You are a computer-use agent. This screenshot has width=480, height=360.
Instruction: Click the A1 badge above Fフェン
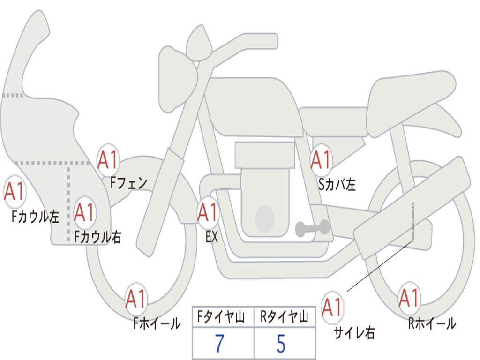coord(108,160)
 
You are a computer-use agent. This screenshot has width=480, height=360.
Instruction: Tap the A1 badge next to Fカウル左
coord(15,192)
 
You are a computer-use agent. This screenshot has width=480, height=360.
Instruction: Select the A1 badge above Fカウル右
coord(84,212)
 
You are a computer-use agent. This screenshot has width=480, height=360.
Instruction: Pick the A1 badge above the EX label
coord(208,213)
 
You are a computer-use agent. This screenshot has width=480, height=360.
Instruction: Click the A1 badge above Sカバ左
coord(321,160)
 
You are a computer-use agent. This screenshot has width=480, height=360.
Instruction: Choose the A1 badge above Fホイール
coord(135,299)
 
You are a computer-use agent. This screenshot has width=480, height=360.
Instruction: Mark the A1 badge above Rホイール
coord(409,298)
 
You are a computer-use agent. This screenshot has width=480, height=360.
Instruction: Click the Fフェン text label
coord(128,183)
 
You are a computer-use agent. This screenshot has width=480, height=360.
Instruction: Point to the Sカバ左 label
coord(337,184)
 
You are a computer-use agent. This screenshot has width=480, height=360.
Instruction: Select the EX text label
coord(212,237)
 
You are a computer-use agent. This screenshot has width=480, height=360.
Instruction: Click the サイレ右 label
coord(354,332)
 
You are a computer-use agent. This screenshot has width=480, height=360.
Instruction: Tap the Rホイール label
coord(432,323)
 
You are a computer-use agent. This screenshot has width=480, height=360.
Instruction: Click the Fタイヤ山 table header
coord(221,317)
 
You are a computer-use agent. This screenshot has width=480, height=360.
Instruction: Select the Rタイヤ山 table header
coord(285,317)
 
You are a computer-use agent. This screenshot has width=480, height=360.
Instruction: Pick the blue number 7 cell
coord(220,343)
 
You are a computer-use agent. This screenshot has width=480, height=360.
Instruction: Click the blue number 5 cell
coord(281,343)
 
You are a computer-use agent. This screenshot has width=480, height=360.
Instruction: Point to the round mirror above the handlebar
coord(200,43)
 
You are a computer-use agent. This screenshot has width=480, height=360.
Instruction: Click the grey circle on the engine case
coord(265,218)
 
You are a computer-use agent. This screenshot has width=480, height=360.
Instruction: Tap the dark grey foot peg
coord(312,228)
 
